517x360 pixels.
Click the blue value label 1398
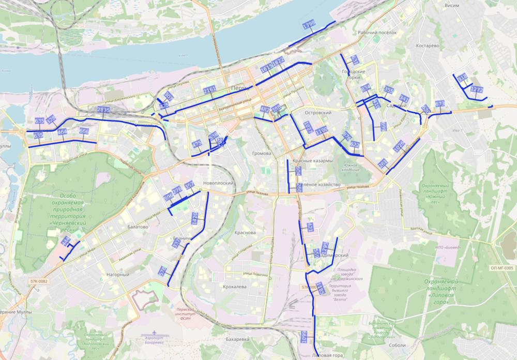(x=309, y=24)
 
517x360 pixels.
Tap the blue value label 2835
(x=103, y=110)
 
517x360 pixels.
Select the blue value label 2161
(x=209, y=91)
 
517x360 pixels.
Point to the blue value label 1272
(x=477, y=89)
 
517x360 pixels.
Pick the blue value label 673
(x=440, y=103)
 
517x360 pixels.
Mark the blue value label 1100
(x=322, y=130)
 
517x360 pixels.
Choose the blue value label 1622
(x=279, y=62)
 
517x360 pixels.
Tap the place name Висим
(x=452, y=5)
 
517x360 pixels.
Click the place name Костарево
(x=427, y=46)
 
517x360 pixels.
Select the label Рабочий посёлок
(x=376, y=33)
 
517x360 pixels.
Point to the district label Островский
(x=318, y=112)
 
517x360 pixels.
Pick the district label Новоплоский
(x=219, y=183)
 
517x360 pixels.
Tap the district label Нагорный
(x=117, y=275)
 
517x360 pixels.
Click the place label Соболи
(x=397, y=345)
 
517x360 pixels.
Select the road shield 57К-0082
(x=38, y=281)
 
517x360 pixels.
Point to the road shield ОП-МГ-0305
(x=501, y=268)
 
